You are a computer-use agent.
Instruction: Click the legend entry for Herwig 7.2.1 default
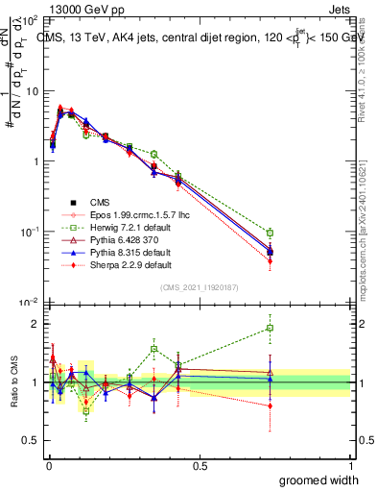point(125,226)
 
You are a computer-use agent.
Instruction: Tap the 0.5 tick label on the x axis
point(199,466)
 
